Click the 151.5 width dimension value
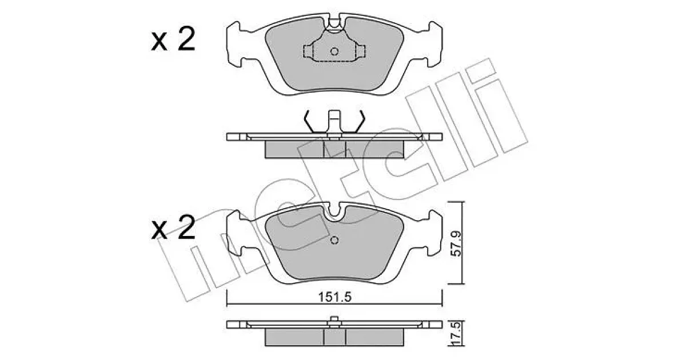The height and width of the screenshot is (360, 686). coord(334,297)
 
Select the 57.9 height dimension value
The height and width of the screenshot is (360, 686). coord(456,244)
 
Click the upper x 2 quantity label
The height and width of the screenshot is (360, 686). coord(173,39)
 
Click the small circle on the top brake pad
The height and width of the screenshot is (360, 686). coord(334,51)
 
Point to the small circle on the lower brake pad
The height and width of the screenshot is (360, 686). coord(334,241)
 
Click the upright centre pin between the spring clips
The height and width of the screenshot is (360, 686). coord(334,122)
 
